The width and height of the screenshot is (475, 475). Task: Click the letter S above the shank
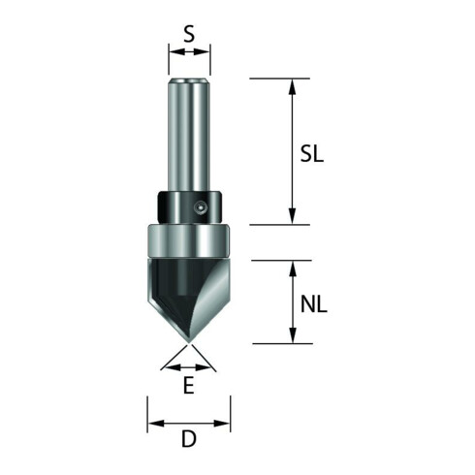(x=189, y=34)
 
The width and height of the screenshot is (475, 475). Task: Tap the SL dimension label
(x=312, y=153)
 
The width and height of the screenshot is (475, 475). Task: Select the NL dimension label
(x=314, y=304)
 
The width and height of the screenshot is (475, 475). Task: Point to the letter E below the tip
(x=189, y=385)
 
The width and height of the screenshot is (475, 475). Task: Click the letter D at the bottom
(x=189, y=439)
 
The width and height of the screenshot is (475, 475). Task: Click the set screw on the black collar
(x=201, y=207)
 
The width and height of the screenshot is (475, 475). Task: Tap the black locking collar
(x=189, y=207)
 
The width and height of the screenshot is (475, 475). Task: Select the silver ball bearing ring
(x=189, y=240)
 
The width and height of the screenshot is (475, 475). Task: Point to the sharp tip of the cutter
(x=189, y=342)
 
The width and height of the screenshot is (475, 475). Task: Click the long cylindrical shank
(x=189, y=135)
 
